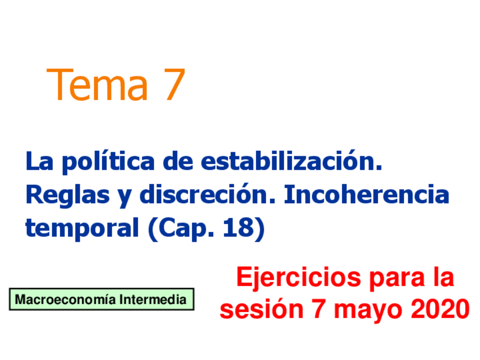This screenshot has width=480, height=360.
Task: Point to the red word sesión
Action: click(262, 310)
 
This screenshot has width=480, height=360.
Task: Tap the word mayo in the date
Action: click(368, 311)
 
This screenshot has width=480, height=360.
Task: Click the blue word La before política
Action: click(39, 162)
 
